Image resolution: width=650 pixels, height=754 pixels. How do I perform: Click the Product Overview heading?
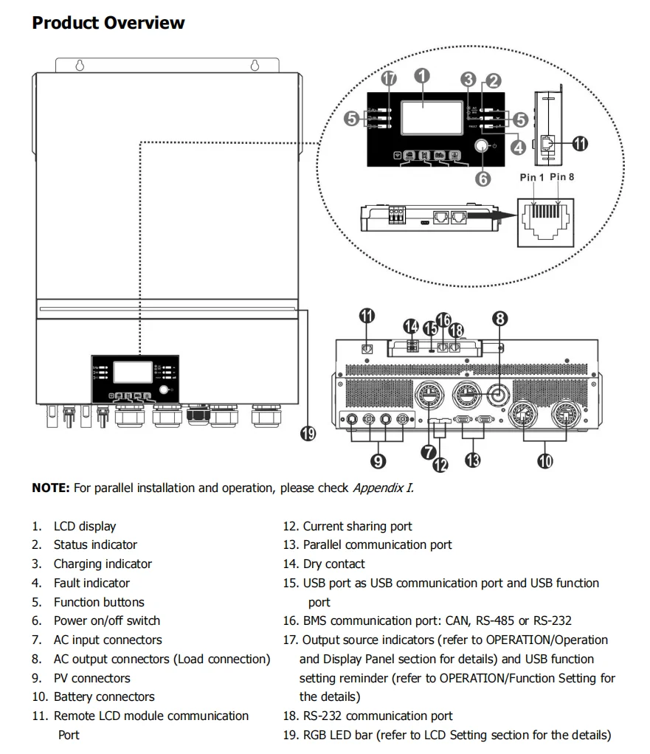pyautogui.click(x=108, y=23)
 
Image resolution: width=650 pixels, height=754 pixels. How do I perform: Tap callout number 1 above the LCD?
pyautogui.click(x=422, y=75)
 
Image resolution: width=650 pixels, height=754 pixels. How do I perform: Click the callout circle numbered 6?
pyautogui.click(x=483, y=178)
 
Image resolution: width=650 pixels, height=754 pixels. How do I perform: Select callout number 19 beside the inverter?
pyautogui.click(x=308, y=434)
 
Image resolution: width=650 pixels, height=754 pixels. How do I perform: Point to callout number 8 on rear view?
pyautogui.click(x=500, y=319)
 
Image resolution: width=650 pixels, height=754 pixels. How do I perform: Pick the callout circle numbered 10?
pyautogui.click(x=546, y=463)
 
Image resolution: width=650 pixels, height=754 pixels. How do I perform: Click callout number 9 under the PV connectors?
pyautogui.click(x=377, y=462)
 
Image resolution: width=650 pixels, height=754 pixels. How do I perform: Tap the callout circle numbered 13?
pyautogui.click(x=473, y=460)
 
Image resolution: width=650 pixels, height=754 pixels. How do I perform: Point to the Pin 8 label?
pyautogui.click(x=562, y=177)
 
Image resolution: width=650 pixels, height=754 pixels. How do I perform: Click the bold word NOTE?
pyautogui.click(x=50, y=488)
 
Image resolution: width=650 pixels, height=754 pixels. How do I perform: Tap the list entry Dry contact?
pyautogui.click(x=333, y=564)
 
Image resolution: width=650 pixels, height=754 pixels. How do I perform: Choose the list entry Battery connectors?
pyautogui.click(x=104, y=697)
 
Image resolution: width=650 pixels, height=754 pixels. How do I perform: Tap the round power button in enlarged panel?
pyautogui.click(x=483, y=147)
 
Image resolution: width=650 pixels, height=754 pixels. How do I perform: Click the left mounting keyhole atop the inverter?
pyautogui.click(x=80, y=65)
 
